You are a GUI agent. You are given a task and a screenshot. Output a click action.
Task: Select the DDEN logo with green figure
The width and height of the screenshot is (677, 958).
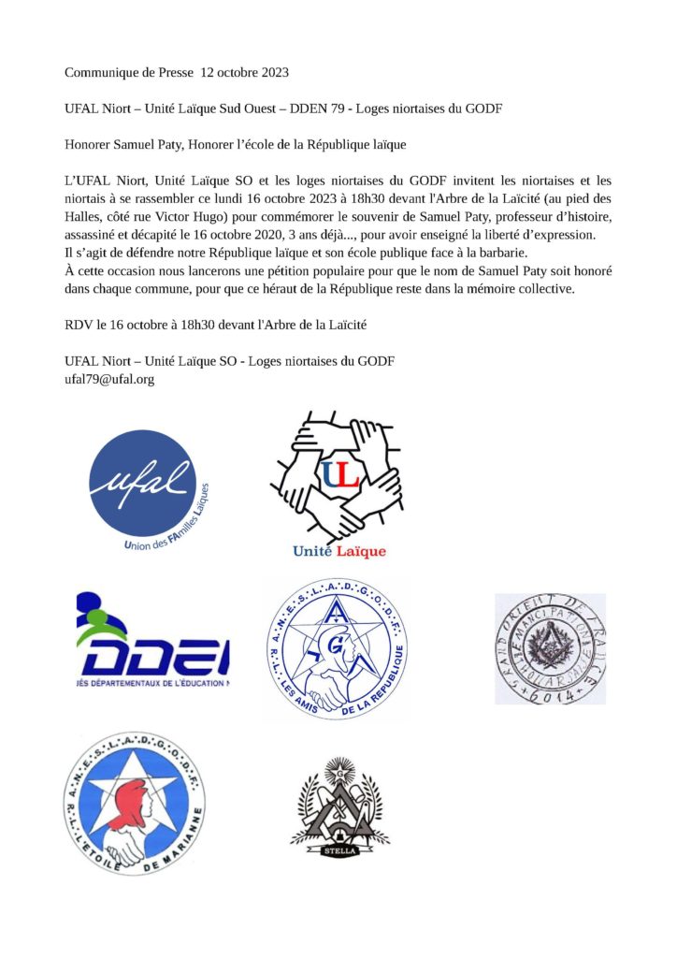click(151, 643)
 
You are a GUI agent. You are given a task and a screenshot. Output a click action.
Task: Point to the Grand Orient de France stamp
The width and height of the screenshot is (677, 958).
click(550, 648)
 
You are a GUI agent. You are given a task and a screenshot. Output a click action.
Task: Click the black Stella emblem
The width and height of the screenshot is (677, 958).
click(338, 801)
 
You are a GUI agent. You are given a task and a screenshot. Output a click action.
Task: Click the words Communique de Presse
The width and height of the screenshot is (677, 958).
click(128, 72)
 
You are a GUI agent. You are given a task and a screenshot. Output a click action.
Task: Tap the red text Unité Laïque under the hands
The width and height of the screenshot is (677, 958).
click(338, 551)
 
